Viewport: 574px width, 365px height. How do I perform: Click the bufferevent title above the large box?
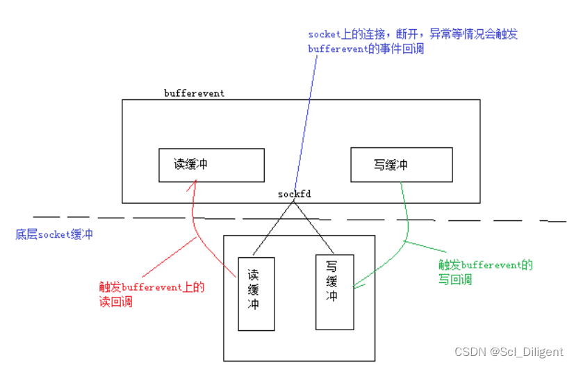pyautogui.click(x=194, y=93)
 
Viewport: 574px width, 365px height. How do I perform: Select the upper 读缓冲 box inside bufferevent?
pyautogui.click(x=211, y=165)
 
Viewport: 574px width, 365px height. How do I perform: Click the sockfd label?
pyautogui.click(x=294, y=193)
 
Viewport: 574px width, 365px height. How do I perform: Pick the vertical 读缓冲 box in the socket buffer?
pyautogui.click(x=255, y=293)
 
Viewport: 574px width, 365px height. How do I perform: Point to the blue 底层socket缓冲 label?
pyautogui.click(x=54, y=234)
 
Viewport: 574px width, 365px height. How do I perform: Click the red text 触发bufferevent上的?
pyautogui.click(x=151, y=287)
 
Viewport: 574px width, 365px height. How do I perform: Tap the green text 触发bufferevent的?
pyautogui.click(x=485, y=265)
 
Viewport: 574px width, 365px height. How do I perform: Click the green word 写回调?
pyautogui.click(x=455, y=279)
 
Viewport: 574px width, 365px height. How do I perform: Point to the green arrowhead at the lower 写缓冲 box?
pyautogui.click(x=356, y=284)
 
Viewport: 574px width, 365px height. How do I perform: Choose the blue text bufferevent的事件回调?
pyautogui.click(x=366, y=49)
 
